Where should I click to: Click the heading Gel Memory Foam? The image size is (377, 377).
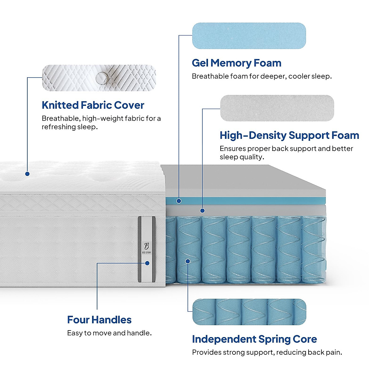(x=236, y=63)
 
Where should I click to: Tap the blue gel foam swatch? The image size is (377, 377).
(x=249, y=36)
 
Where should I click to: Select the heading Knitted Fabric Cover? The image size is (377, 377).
(x=93, y=105)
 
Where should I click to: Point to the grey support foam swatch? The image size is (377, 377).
(x=277, y=108)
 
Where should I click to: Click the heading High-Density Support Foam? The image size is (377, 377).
(x=289, y=135)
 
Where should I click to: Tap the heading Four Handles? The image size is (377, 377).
(x=99, y=320)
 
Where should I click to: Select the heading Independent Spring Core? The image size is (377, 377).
(x=254, y=339)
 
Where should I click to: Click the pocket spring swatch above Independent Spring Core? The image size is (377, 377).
(x=249, y=312)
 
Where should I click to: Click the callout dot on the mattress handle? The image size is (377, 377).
(x=147, y=263)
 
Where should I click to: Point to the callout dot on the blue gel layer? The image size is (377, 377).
(x=179, y=201)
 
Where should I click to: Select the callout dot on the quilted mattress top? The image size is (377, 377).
(x=27, y=174)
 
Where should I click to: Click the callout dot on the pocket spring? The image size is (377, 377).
(x=188, y=261)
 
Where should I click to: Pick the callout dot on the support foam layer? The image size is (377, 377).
(x=202, y=210)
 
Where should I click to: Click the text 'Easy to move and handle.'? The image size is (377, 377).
(x=109, y=333)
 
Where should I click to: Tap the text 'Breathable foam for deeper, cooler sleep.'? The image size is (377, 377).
(x=262, y=76)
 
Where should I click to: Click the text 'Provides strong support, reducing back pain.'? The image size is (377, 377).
(x=267, y=352)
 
